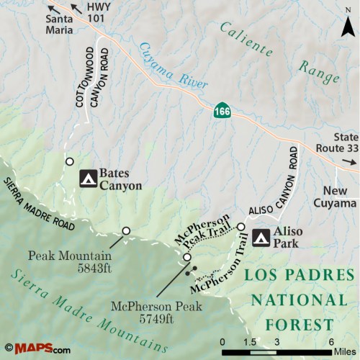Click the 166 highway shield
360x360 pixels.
pos(222,112)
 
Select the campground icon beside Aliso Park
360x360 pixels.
pos(260,235)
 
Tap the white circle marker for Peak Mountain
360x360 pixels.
pos(126,230)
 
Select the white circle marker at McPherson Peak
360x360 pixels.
pos(187,257)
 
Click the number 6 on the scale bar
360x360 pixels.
pos(330,341)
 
